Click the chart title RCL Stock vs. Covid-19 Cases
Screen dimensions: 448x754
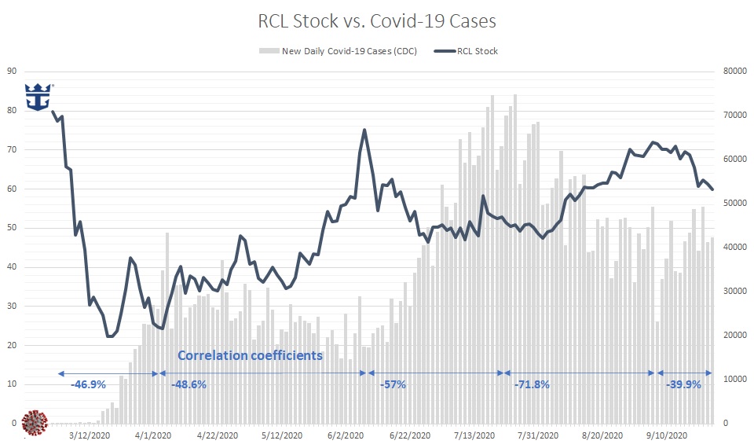[377, 21]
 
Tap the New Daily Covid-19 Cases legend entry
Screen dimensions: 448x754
[337, 51]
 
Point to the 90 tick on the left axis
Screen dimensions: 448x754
[11, 71]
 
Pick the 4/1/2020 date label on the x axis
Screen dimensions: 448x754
[153, 435]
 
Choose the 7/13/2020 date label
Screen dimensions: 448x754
[474, 435]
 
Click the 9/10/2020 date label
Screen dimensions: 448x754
[666, 435]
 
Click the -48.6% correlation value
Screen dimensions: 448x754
[188, 385]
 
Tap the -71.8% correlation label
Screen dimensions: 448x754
[532, 385]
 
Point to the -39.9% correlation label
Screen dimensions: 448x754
[683, 385]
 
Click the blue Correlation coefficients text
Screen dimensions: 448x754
[250, 355]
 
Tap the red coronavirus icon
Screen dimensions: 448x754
[35, 422]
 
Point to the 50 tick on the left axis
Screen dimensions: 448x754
[11, 228]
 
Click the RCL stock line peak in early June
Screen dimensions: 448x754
[364, 130]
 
